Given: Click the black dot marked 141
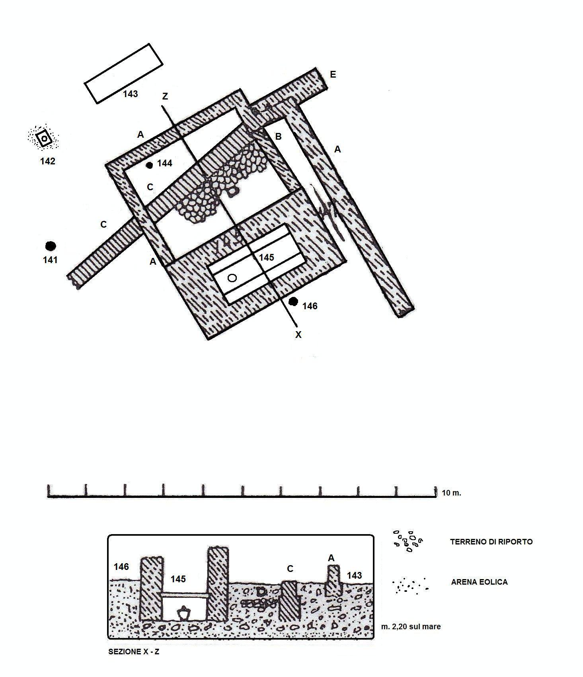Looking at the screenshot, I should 50,246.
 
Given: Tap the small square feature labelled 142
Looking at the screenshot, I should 44,139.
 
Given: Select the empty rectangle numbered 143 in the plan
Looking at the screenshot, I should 123,73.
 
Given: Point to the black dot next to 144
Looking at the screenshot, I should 150,165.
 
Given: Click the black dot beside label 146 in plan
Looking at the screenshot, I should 293,302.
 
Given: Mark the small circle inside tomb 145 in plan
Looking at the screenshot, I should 232,278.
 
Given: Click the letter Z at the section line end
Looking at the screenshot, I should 165,96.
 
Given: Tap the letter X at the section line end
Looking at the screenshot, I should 298,335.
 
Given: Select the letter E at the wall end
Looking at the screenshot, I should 333,75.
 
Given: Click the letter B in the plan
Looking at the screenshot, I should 278,137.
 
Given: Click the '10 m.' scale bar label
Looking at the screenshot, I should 451,493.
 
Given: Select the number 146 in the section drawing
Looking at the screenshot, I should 121,566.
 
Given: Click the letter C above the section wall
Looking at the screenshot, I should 290,569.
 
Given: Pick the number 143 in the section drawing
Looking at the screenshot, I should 354,575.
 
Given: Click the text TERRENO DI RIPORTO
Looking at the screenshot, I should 491,542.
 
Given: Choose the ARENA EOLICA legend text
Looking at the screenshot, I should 479,582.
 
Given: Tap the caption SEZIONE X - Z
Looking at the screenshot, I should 134,652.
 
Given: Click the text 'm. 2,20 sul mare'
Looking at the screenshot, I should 411,626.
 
